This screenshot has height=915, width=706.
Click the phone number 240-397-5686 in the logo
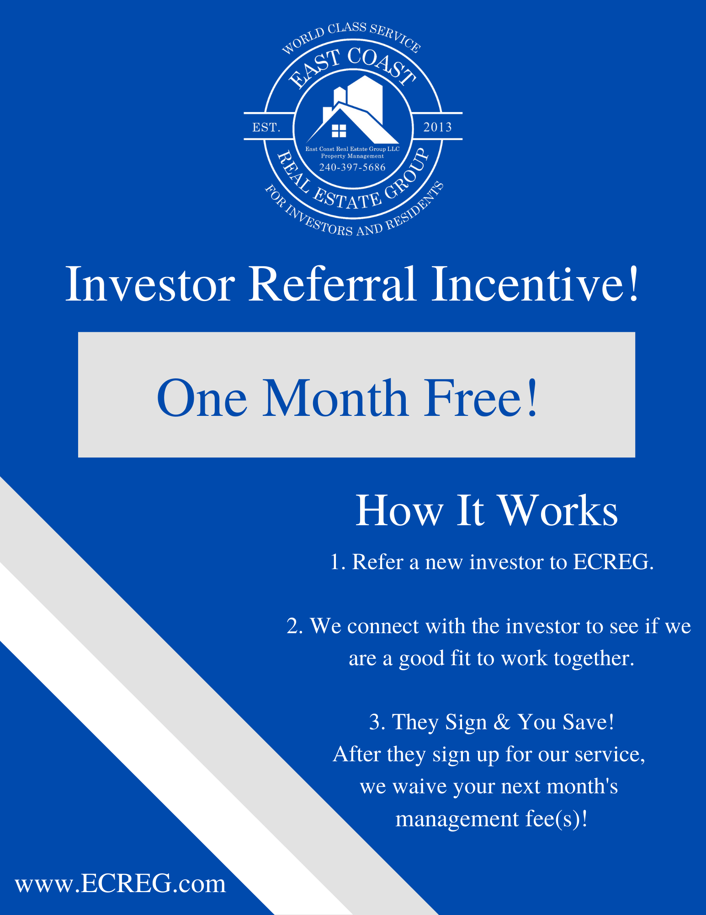click(x=352, y=167)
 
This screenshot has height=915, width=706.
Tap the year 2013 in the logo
click(x=437, y=127)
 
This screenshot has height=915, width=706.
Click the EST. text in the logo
click(x=266, y=127)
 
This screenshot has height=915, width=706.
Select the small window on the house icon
click(x=339, y=131)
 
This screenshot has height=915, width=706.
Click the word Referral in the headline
click(x=332, y=284)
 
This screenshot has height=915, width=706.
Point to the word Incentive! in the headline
click(x=535, y=284)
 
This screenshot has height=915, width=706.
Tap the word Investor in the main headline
click(x=150, y=284)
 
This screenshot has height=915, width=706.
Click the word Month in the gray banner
click(x=335, y=398)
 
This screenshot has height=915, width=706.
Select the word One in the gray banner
click(x=202, y=398)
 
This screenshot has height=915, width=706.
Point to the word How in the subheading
click(x=399, y=511)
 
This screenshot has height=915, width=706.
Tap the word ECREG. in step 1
click(x=613, y=562)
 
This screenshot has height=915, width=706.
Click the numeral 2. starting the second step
click(x=295, y=626)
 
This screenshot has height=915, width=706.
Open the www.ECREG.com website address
click(x=121, y=883)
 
